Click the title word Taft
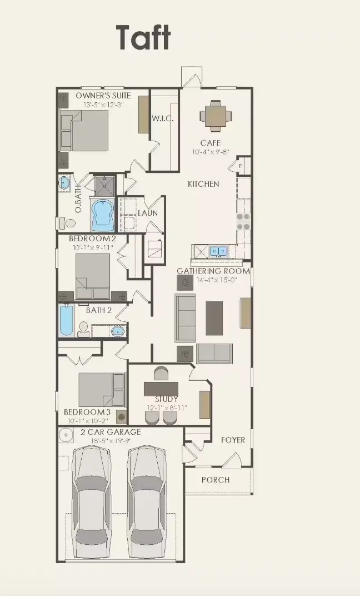pyautogui.click(x=143, y=38)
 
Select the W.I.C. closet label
pyautogui.click(x=163, y=118)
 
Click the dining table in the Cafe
pyautogui.click(x=216, y=116)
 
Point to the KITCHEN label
pyautogui.click(x=203, y=184)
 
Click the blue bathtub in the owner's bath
pyautogui.click(x=103, y=216)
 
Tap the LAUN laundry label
pyautogui.click(x=148, y=213)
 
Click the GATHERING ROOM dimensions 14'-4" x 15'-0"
pyautogui.click(x=217, y=280)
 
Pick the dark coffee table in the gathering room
pyautogui.click(x=214, y=317)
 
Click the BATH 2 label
pyautogui.click(x=99, y=310)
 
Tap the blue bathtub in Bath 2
pyautogui.click(x=67, y=321)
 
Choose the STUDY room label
pyautogui.click(x=167, y=399)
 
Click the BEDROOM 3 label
pyautogui.click(x=87, y=412)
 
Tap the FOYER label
pyautogui.click(x=232, y=440)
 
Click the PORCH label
pyautogui.click(x=216, y=480)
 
